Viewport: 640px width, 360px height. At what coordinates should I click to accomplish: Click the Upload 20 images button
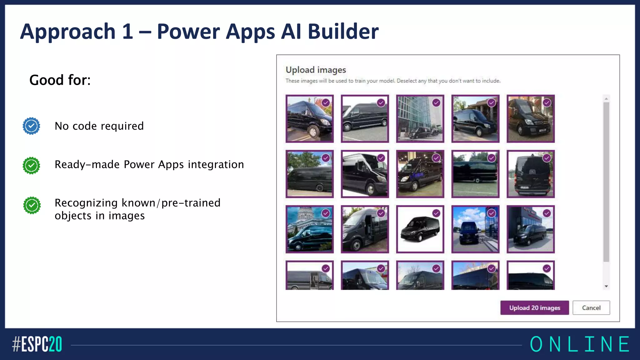click(x=534, y=308)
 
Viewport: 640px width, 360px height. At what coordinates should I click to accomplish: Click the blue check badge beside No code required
click(x=31, y=126)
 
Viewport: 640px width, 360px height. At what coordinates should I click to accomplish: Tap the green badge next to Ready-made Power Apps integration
click(x=31, y=165)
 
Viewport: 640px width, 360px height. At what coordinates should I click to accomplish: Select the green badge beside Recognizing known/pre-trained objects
click(x=32, y=205)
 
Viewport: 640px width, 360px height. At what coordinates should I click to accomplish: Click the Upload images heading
click(x=316, y=70)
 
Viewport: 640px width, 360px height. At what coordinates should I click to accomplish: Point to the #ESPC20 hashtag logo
click(x=37, y=344)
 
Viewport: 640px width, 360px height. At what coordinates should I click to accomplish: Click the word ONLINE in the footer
click(x=580, y=344)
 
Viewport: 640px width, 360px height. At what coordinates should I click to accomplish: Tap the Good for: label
click(x=60, y=80)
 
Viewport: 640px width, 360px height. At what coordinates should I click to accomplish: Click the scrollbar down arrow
click(x=606, y=286)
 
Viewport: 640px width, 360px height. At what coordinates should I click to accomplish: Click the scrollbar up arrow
click(x=606, y=99)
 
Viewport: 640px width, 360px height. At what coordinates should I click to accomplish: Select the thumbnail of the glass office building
click(x=420, y=119)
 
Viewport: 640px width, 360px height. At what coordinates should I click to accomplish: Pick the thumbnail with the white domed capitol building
click(x=309, y=229)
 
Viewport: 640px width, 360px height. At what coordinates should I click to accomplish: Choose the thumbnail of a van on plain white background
click(x=420, y=229)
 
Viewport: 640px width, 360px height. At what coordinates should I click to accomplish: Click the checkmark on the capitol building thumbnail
click(x=326, y=213)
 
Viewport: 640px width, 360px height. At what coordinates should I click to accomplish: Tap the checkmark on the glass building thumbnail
click(x=436, y=103)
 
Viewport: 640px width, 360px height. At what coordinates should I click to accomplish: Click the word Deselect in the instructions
click(x=407, y=81)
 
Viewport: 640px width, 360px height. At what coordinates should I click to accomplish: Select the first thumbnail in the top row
click(x=309, y=119)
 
